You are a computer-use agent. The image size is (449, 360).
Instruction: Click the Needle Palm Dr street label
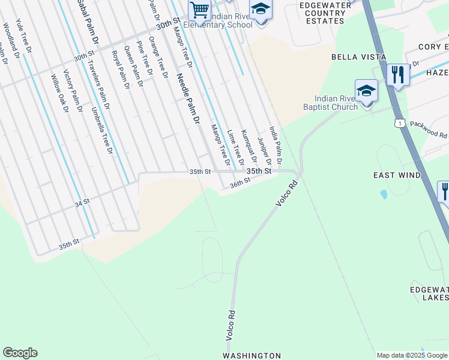point(187,99)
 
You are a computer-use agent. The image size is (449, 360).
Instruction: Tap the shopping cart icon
point(199,10)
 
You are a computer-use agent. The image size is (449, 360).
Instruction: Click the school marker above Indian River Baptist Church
point(366,92)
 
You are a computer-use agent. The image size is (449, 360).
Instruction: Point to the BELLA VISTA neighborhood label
point(356,56)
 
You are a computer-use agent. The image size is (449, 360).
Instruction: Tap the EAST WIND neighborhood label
point(397,175)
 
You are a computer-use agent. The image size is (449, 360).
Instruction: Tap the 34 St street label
point(82,203)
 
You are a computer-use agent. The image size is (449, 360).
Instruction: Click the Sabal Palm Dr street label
point(88,23)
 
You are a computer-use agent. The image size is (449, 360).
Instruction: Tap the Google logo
point(20,353)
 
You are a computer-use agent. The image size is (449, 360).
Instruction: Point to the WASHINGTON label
point(252,356)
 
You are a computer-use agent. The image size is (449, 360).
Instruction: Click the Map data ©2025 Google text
point(412,356)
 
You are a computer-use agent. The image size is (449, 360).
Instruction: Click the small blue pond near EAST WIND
point(384,194)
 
